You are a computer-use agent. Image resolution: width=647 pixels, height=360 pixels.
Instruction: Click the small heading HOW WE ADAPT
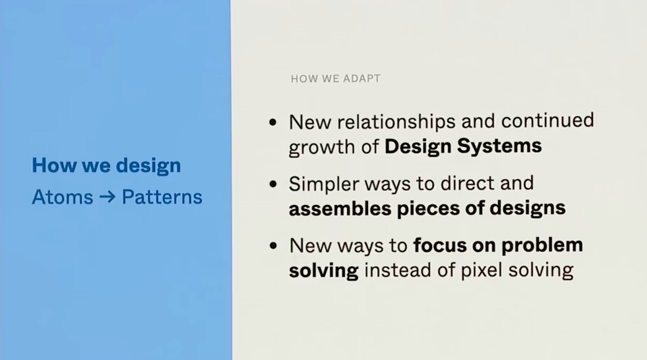335,79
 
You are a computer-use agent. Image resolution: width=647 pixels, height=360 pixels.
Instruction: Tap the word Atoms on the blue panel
62,197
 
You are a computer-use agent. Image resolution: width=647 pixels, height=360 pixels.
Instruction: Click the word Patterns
162,197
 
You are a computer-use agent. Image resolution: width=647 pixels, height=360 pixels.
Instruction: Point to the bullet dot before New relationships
273,122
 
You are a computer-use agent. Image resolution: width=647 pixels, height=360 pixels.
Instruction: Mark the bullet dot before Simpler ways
273,184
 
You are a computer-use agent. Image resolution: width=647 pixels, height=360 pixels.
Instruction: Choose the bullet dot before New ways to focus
273,246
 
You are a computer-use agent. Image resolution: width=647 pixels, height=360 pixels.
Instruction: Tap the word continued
547,120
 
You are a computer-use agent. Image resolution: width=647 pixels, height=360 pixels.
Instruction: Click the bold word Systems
499,146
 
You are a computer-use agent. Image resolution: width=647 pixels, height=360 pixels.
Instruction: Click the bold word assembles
340,208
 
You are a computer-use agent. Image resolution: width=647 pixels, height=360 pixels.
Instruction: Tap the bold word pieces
428,209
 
